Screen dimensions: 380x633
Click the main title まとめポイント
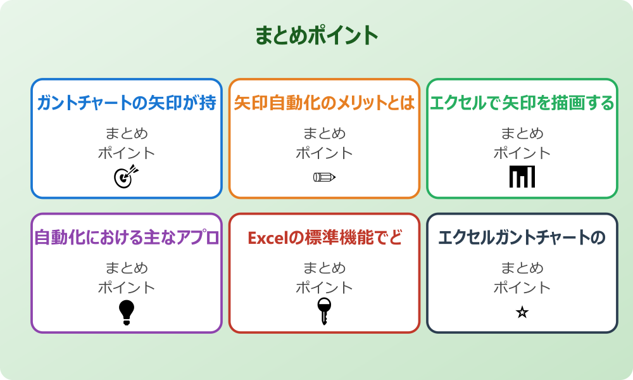click(x=316, y=35)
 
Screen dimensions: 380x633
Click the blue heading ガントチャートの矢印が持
click(x=127, y=103)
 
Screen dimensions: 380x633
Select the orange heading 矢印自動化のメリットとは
click(x=324, y=103)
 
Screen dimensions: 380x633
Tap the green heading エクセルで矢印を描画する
click(x=522, y=103)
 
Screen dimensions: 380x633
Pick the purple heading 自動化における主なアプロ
click(x=127, y=237)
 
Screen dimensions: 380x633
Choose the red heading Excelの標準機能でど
click(x=324, y=237)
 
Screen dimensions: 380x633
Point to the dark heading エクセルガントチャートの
click(x=522, y=237)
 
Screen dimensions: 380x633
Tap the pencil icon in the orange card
click(x=324, y=177)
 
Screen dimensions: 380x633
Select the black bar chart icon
click(x=522, y=177)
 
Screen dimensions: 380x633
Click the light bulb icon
click(x=127, y=312)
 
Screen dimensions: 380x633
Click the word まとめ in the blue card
click(x=127, y=134)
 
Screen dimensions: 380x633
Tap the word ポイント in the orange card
click(x=324, y=153)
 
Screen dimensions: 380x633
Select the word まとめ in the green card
click(x=522, y=134)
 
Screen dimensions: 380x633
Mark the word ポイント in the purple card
click(x=127, y=288)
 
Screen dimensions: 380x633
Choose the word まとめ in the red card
click(x=324, y=268)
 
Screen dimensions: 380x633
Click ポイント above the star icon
click(x=522, y=288)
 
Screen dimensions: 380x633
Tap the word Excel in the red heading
click(x=266, y=238)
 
